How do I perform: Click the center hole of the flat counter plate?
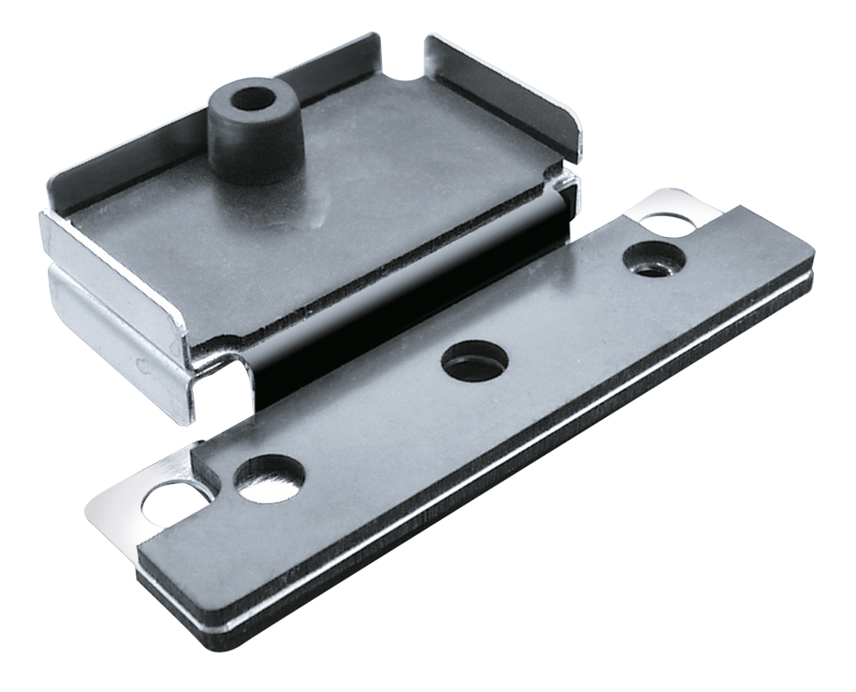(x=474, y=360)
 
